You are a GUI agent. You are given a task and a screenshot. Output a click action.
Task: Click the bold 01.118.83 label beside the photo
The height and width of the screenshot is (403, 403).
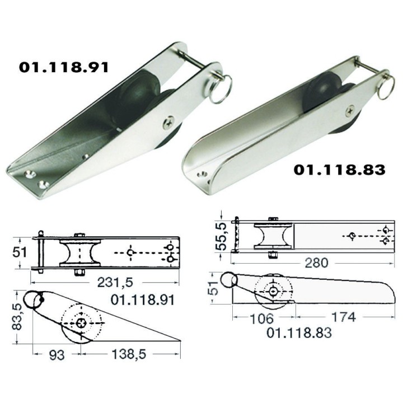point(339,169)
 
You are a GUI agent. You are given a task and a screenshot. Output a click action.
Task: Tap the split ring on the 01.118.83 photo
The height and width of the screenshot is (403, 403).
point(386,88)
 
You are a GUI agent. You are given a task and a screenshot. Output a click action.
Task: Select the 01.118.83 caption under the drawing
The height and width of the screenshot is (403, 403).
point(299,332)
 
